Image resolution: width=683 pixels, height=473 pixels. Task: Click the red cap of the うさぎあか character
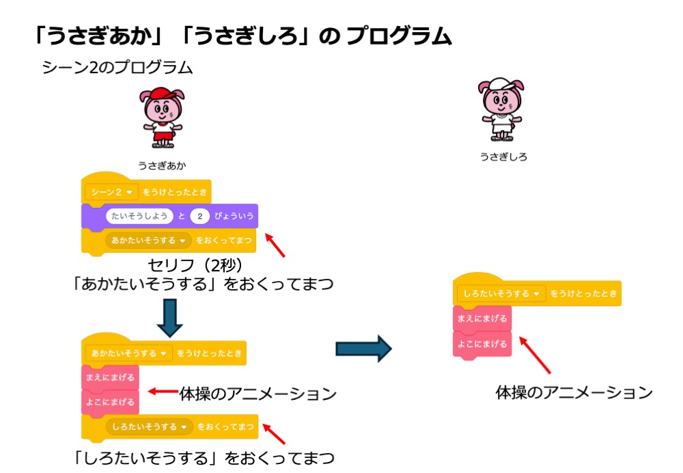pyautogui.click(x=162, y=94)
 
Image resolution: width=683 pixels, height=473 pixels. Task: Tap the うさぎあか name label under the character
pyautogui.click(x=162, y=165)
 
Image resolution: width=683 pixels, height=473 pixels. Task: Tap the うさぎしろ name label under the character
pyautogui.click(x=503, y=157)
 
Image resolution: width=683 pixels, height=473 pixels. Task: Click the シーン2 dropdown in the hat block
pyautogui.click(x=112, y=191)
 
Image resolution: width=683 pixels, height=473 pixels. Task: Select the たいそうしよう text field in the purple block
pyautogui.click(x=139, y=217)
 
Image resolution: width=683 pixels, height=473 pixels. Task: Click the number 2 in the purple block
pyautogui.click(x=199, y=217)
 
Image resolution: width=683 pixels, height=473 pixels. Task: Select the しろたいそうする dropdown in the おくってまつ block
pyautogui.click(x=150, y=427)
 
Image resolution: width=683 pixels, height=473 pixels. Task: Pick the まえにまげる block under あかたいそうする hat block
pyautogui.click(x=110, y=377)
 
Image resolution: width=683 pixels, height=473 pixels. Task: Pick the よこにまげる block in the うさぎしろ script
pyautogui.click(x=482, y=344)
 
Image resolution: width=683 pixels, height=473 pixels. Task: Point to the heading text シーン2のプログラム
pyautogui.click(x=117, y=68)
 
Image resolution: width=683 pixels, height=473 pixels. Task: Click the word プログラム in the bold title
pyautogui.click(x=398, y=36)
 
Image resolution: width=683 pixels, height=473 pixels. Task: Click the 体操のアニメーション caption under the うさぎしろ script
pyautogui.click(x=574, y=392)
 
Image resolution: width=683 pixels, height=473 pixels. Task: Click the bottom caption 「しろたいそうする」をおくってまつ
pyautogui.click(x=204, y=457)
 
